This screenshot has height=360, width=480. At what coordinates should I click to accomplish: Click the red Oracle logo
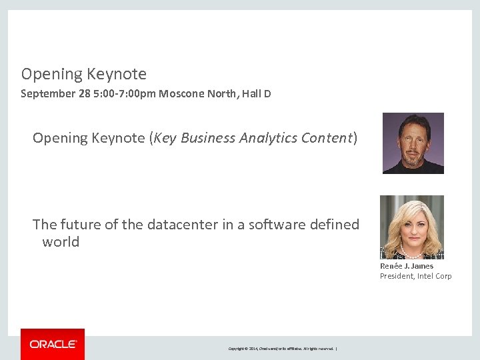point(53,344)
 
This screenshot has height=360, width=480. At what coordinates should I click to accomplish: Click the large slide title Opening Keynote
point(83,74)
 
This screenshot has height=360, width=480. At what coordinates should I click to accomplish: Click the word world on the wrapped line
point(61,242)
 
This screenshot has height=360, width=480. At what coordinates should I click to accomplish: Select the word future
point(82,225)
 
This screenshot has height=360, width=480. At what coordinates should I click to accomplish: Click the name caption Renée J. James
point(406,266)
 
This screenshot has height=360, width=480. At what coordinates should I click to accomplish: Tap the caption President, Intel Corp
point(415,276)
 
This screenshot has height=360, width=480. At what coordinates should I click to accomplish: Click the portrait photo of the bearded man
point(413,143)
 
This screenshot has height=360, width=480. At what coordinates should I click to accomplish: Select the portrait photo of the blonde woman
point(411,227)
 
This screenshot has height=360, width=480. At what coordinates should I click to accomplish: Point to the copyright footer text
point(283,349)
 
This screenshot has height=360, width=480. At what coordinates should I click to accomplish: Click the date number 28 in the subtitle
point(85,94)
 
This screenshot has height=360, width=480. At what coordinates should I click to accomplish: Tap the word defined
point(335,225)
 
